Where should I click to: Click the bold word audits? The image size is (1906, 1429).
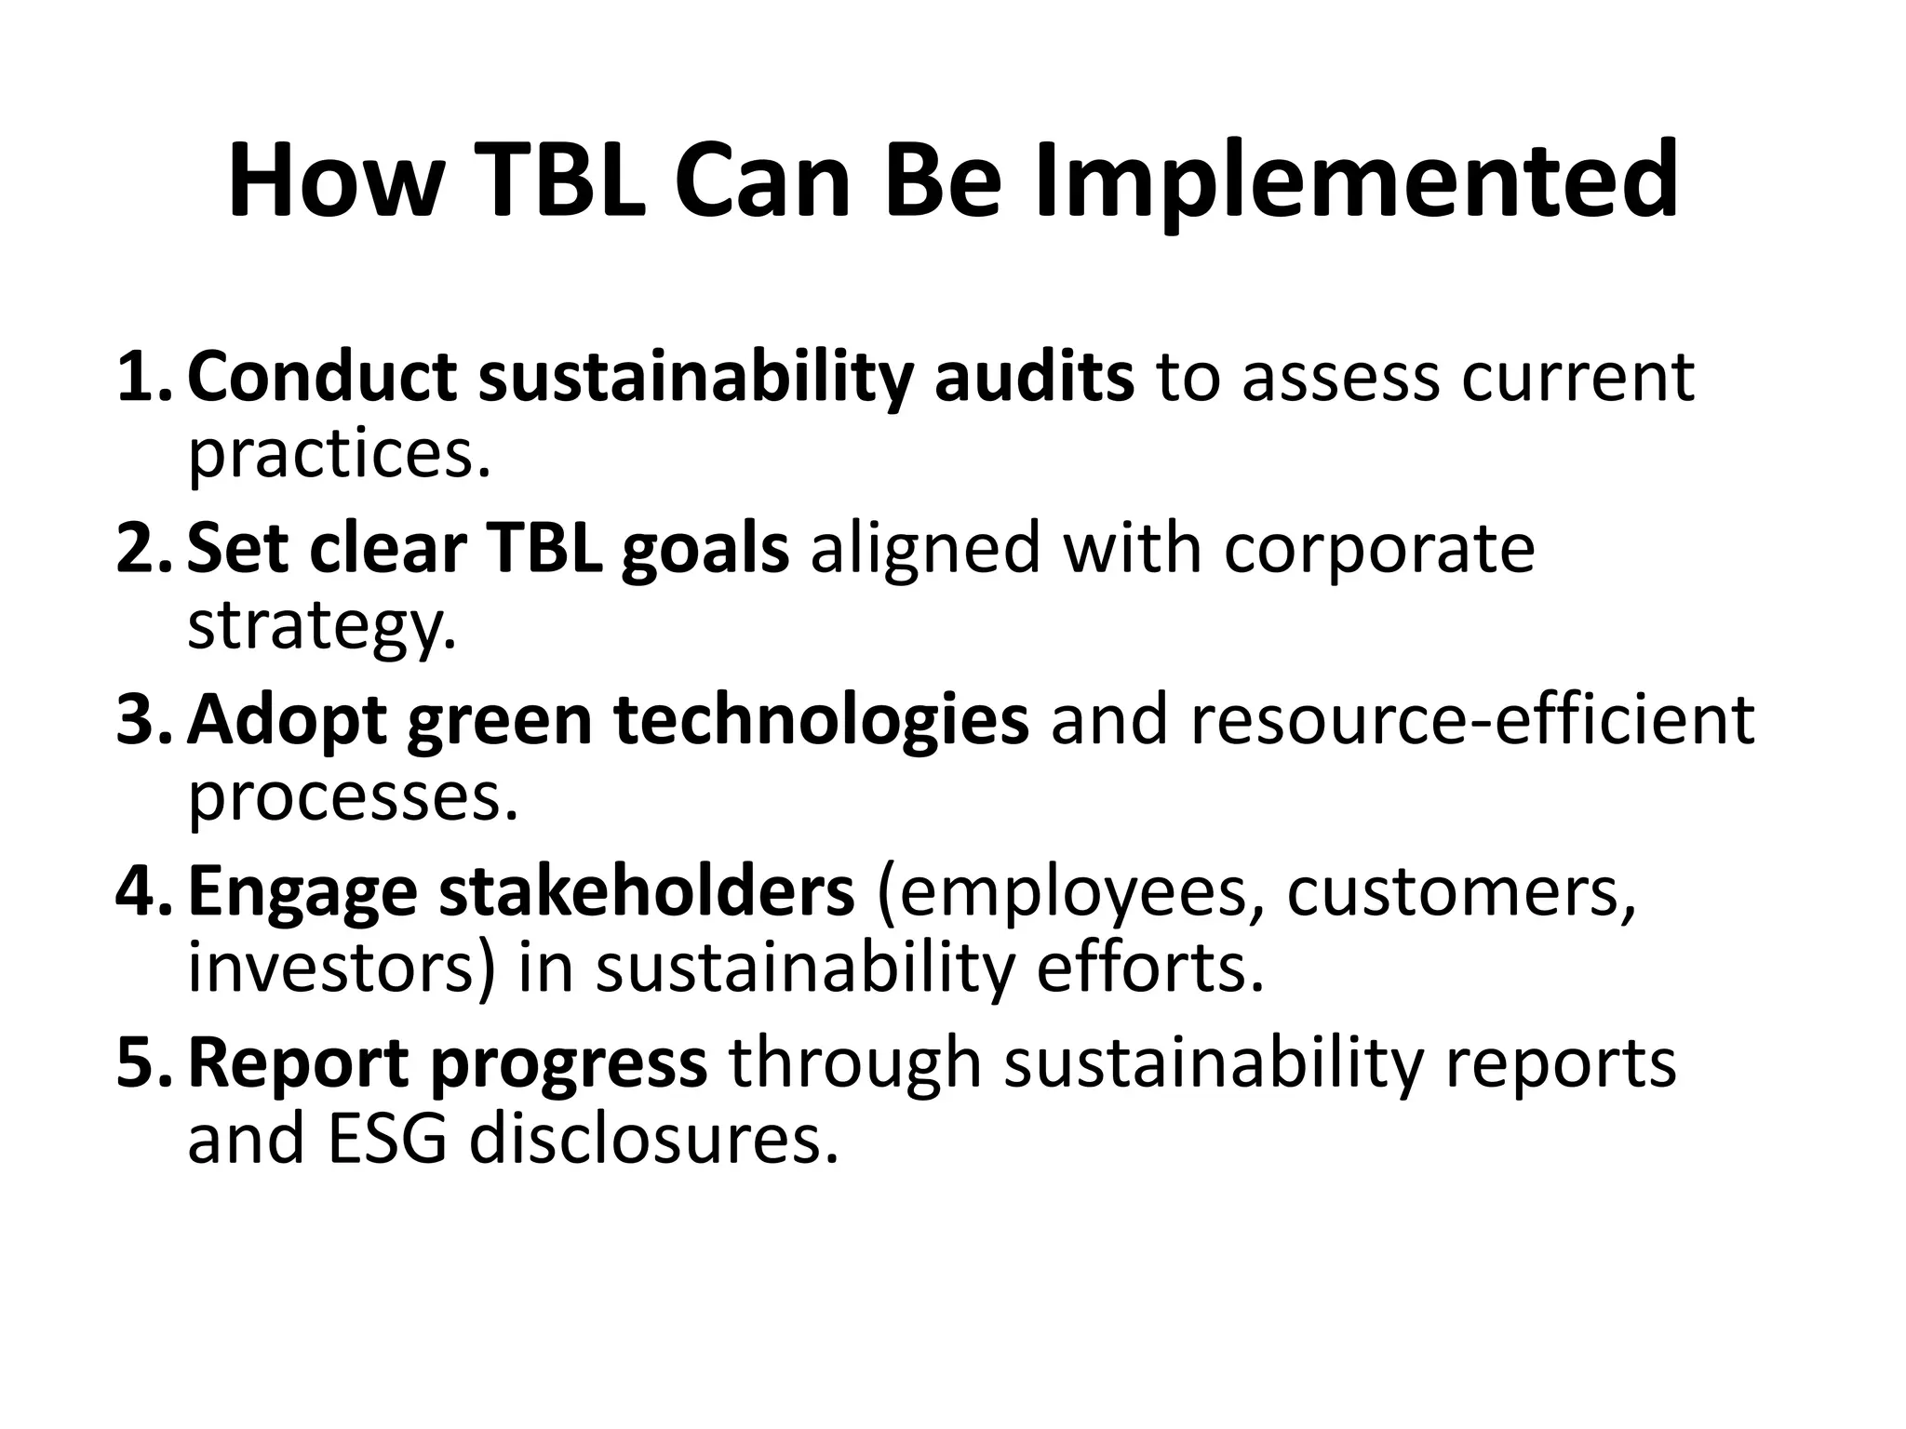tap(1034, 378)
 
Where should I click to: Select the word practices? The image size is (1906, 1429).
tap(339, 456)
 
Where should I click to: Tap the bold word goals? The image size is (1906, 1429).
tap(705, 549)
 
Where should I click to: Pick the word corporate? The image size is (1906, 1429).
tap(1378, 549)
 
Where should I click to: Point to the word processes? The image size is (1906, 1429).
tap(352, 798)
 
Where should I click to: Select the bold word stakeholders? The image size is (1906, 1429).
tap(646, 892)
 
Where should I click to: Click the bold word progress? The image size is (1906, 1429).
tap(569, 1063)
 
